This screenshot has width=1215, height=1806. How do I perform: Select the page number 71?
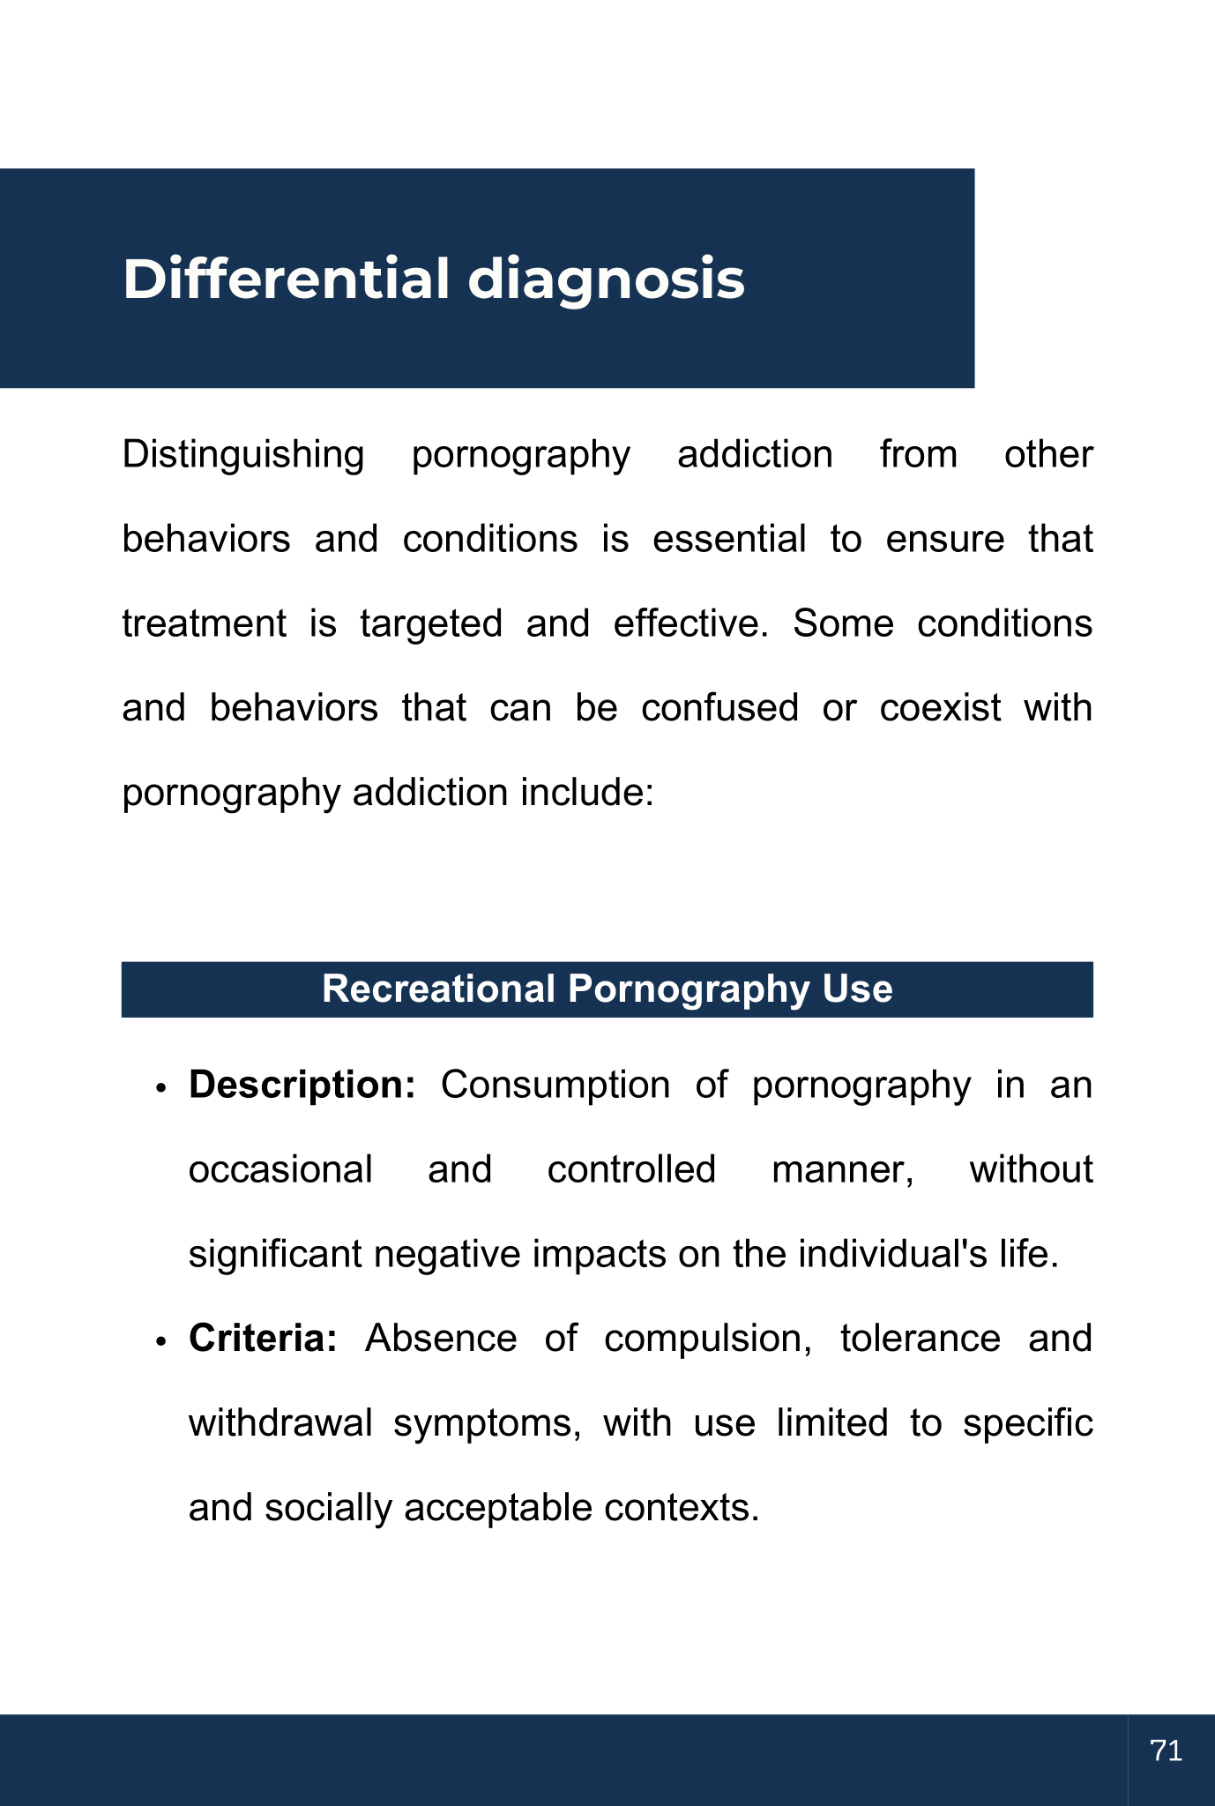pyautogui.click(x=1166, y=1750)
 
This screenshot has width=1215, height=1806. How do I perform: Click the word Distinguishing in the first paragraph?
pyautogui.click(x=242, y=455)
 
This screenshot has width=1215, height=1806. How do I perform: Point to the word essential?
pyautogui.click(x=729, y=539)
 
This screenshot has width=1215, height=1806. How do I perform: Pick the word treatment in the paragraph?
pyautogui.click(x=204, y=623)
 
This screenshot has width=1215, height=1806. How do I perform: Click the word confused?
pyautogui.click(x=719, y=708)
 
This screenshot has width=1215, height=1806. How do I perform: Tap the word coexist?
pyautogui.click(x=940, y=708)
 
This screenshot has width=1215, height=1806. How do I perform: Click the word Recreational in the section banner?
pyautogui.click(x=438, y=989)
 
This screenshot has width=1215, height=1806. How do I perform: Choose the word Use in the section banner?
pyautogui.click(x=857, y=989)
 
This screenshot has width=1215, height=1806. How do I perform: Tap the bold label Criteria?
pyautogui.click(x=263, y=1339)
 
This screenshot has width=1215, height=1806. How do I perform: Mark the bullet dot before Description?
pyautogui.click(x=160, y=1088)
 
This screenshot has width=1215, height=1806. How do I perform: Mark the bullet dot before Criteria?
pyautogui.click(x=160, y=1341)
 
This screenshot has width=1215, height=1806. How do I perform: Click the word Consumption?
pyautogui.click(x=555, y=1086)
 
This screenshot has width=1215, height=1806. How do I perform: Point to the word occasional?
pyautogui.click(x=280, y=1170)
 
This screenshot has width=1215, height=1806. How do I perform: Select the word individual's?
pyautogui.click(x=892, y=1254)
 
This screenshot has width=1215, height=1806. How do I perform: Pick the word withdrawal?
pyautogui.click(x=280, y=1423)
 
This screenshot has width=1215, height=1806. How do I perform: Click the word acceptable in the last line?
pyautogui.click(x=498, y=1508)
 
